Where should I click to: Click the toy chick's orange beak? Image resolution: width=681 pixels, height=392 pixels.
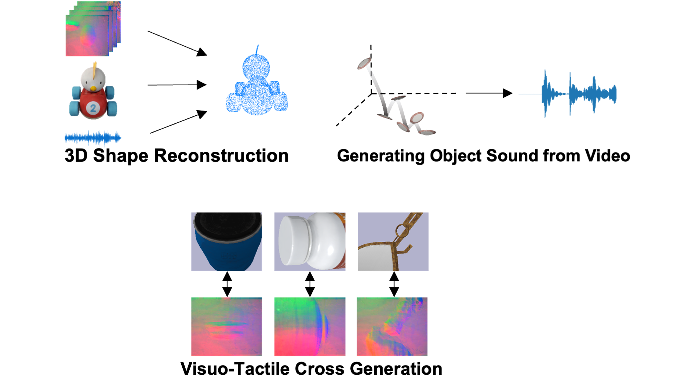94,89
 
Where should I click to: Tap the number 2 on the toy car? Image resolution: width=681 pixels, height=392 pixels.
93,108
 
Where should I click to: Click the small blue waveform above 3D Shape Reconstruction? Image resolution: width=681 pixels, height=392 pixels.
93,138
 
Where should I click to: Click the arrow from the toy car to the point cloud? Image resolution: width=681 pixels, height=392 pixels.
177,85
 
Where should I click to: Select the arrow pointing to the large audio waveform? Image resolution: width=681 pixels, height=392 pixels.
489,93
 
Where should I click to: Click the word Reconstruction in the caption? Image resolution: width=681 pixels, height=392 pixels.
221,156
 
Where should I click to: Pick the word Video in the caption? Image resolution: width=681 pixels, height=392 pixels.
608,156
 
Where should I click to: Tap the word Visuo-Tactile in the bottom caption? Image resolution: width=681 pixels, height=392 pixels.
235,369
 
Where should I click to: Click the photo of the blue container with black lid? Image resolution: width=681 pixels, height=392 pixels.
227,242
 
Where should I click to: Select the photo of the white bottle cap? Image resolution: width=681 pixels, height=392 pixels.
310,242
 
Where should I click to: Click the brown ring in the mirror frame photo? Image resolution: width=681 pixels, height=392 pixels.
401,232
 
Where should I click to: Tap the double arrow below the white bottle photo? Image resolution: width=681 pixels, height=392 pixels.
310,284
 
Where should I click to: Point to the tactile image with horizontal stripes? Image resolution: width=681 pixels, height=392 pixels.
227,327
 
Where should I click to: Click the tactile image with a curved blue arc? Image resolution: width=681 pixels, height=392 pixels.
310,327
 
